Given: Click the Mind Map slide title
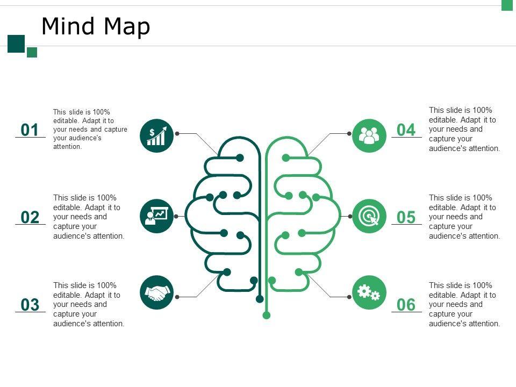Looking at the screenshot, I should (96, 26).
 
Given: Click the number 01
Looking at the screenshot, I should (30, 130).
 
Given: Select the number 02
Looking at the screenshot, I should (30, 218).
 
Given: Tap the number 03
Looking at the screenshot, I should (30, 305).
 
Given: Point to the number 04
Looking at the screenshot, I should (406, 130).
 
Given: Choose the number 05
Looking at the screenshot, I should (406, 218).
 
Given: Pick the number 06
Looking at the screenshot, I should (406, 305).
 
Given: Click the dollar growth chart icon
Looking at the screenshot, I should (156, 135).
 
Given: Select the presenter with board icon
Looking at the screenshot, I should (156, 216).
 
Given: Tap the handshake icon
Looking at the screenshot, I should (156, 292).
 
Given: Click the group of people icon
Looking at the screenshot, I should (369, 135).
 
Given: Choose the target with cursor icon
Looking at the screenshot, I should (369, 216).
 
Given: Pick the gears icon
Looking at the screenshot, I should (369, 292).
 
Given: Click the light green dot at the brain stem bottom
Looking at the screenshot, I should (266, 315).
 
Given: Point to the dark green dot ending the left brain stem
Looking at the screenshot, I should (260, 299).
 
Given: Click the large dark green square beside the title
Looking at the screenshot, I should (16, 44).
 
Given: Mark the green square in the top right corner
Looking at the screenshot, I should (508, 5).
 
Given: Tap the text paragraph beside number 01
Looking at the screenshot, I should (90, 129).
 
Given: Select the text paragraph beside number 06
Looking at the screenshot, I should (464, 304).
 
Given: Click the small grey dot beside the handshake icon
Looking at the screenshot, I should (177, 297).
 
